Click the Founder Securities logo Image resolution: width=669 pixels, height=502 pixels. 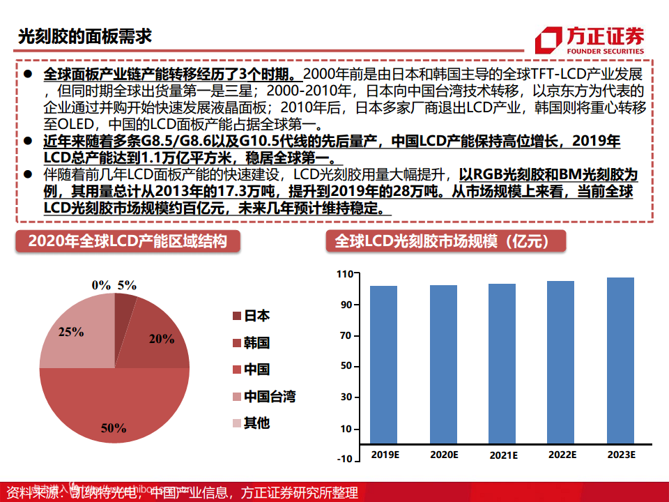click(590, 40)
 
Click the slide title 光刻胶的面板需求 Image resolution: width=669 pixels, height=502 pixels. click(84, 36)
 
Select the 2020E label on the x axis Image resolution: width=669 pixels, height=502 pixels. click(443, 455)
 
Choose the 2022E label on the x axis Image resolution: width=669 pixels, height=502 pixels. click(562, 455)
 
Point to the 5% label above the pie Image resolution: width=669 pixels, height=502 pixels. click(127, 284)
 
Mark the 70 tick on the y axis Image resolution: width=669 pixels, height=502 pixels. click(346, 335)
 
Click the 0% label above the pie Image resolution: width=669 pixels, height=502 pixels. click(101, 284)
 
